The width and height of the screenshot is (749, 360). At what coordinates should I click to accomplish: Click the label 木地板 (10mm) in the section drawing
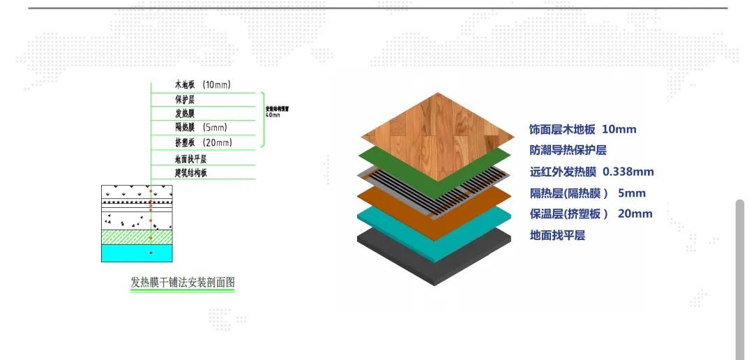click(202, 85)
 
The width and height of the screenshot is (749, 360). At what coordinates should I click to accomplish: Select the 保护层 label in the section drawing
click(185, 100)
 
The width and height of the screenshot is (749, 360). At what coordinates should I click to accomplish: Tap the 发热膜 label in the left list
click(185, 114)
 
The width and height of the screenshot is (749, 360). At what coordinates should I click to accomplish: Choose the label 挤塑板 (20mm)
click(203, 142)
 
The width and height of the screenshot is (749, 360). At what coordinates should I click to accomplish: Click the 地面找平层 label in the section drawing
click(190, 159)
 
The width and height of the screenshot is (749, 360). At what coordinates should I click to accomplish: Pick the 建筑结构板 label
click(190, 173)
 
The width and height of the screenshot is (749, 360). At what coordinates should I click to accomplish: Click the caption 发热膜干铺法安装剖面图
click(183, 283)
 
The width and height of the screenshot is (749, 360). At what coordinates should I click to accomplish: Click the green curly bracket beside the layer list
click(262, 119)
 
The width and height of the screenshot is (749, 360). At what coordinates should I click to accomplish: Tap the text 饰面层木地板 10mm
click(582, 129)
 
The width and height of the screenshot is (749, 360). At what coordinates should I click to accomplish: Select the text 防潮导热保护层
click(568, 150)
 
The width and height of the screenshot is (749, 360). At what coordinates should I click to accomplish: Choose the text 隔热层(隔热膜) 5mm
click(587, 193)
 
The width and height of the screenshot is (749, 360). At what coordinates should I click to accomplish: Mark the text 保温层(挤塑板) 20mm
click(591, 214)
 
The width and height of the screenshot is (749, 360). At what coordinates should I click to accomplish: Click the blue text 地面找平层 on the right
click(557, 236)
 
